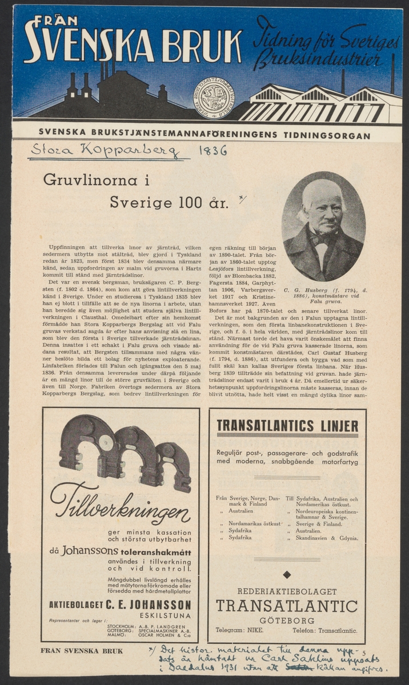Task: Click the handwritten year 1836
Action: [212, 151]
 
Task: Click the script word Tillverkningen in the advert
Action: [120, 507]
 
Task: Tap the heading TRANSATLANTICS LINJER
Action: [287, 426]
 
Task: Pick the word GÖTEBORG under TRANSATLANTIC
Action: [287, 620]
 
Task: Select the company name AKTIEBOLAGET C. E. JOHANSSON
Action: [120, 605]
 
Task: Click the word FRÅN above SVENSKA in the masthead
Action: [56, 21]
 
